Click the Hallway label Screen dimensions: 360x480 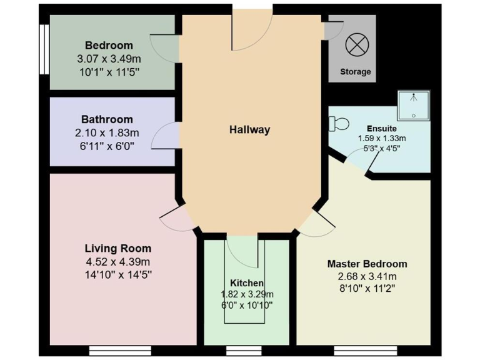coord(249,130)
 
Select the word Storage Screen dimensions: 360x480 coord(355,71)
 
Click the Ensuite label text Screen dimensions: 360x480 coord(381,128)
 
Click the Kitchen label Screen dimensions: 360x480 coord(246,283)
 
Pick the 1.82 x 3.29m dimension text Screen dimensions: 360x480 coord(247,294)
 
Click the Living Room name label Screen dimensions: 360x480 coord(118,249)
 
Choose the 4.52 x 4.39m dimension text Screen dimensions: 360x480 coord(118,261)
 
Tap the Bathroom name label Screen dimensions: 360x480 coord(107,119)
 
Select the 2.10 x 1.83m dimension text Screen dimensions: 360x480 coord(107,132)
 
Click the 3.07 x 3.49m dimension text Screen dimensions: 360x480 coord(109,58)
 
